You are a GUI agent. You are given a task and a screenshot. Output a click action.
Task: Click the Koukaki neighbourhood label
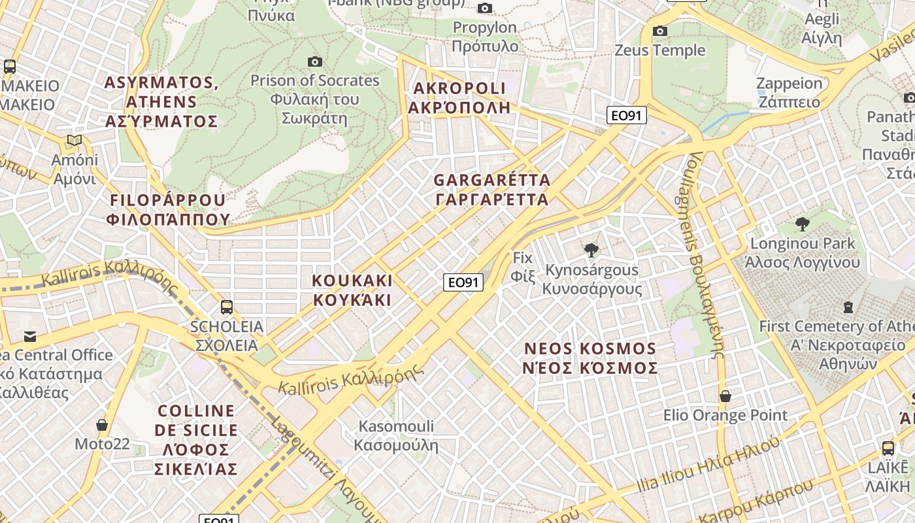tap(352, 290)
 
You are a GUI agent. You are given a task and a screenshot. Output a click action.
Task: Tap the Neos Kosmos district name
tap(590, 358)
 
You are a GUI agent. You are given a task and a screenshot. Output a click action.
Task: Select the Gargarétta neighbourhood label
tap(492, 190)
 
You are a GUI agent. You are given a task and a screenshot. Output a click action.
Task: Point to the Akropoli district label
tap(459, 98)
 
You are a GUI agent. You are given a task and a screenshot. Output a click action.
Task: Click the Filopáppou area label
tap(169, 210)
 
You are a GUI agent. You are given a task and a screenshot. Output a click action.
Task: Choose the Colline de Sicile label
tap(196, 439)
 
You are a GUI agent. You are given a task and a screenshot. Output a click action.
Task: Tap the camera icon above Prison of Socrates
tap(315, 61)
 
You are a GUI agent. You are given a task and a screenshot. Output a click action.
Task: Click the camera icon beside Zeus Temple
tap(660, 31)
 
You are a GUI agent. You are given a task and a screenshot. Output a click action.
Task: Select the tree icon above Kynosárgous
tap(591, 250)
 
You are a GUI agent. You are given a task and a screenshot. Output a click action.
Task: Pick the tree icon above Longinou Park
tap(803, 224)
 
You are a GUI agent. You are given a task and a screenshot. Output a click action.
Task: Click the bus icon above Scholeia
tap(227, 307)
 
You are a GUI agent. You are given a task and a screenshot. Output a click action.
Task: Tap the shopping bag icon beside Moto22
tap(102, 425)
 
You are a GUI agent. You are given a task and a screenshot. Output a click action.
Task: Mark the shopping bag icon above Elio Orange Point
tap(725, 396)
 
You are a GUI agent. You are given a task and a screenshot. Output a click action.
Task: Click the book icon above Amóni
tap(75, 141)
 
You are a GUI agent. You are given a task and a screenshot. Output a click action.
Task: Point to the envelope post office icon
tap(30, 336)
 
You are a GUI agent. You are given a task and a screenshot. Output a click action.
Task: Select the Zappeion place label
tap(789, 92)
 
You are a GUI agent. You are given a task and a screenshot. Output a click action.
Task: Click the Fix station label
tap(523, 267)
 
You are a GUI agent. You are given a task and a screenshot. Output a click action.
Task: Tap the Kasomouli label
tap(396, 436)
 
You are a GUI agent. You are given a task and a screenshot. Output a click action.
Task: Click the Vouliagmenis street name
tap(706, 255)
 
